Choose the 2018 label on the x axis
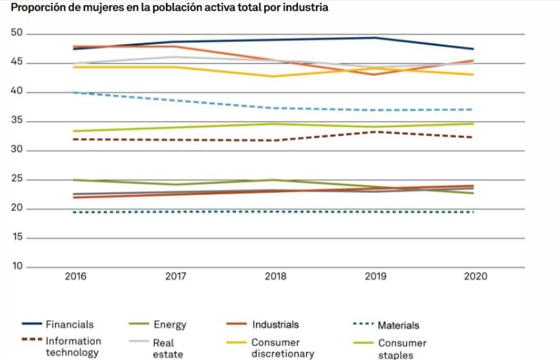[x=276, y=277]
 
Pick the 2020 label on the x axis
[x=475, y=277]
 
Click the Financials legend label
[x=69, y=325]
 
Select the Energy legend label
[x=169, y=325]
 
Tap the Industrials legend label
[x=275, y=325]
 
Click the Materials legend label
[x=398, y=325]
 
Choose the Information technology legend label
[x=73, y=346]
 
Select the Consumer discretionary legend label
[x=282, y=348]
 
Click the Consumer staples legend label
[x=402, y=348]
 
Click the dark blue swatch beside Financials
[x=31, y=325]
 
